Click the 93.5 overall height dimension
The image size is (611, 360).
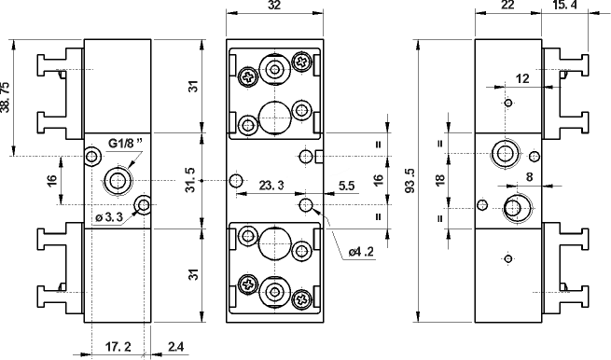click(410, 181)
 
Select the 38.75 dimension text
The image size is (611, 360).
click(6, 97)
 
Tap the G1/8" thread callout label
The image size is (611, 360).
click(125, 144)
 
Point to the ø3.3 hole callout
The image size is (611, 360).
click(109, 217)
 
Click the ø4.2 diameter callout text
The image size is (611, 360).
click(361, 252)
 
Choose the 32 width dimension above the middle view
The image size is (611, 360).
click(274, 5)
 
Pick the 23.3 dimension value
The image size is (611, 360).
click(271, 186)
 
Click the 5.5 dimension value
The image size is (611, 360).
click(346, 186)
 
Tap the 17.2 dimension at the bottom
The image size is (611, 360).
click(118, 346)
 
